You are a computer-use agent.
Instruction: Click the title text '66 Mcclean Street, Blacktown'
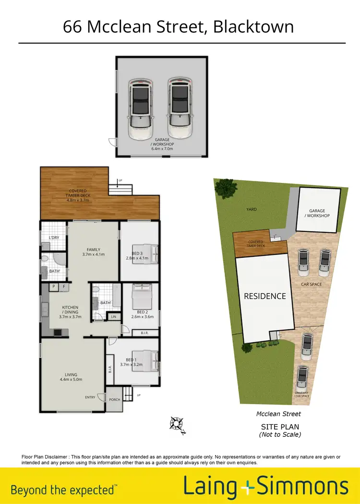[x=178, y=26]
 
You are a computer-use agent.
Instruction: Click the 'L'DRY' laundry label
[x=54, y=238]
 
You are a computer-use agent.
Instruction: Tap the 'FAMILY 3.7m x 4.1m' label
[x=93, y=252]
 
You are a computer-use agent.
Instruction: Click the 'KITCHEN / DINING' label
[x=70, y=312]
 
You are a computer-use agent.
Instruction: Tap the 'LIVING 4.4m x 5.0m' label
[x=71, y=377]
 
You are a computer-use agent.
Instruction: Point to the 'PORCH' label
[x=114, y=399]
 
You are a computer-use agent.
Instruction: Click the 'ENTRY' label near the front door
[x=90, y=397]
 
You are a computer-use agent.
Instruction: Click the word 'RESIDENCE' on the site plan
[x=264, y=296]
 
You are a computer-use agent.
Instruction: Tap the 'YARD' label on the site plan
[x=252, y=209]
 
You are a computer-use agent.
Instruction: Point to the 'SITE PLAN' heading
[x=280, y=427]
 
